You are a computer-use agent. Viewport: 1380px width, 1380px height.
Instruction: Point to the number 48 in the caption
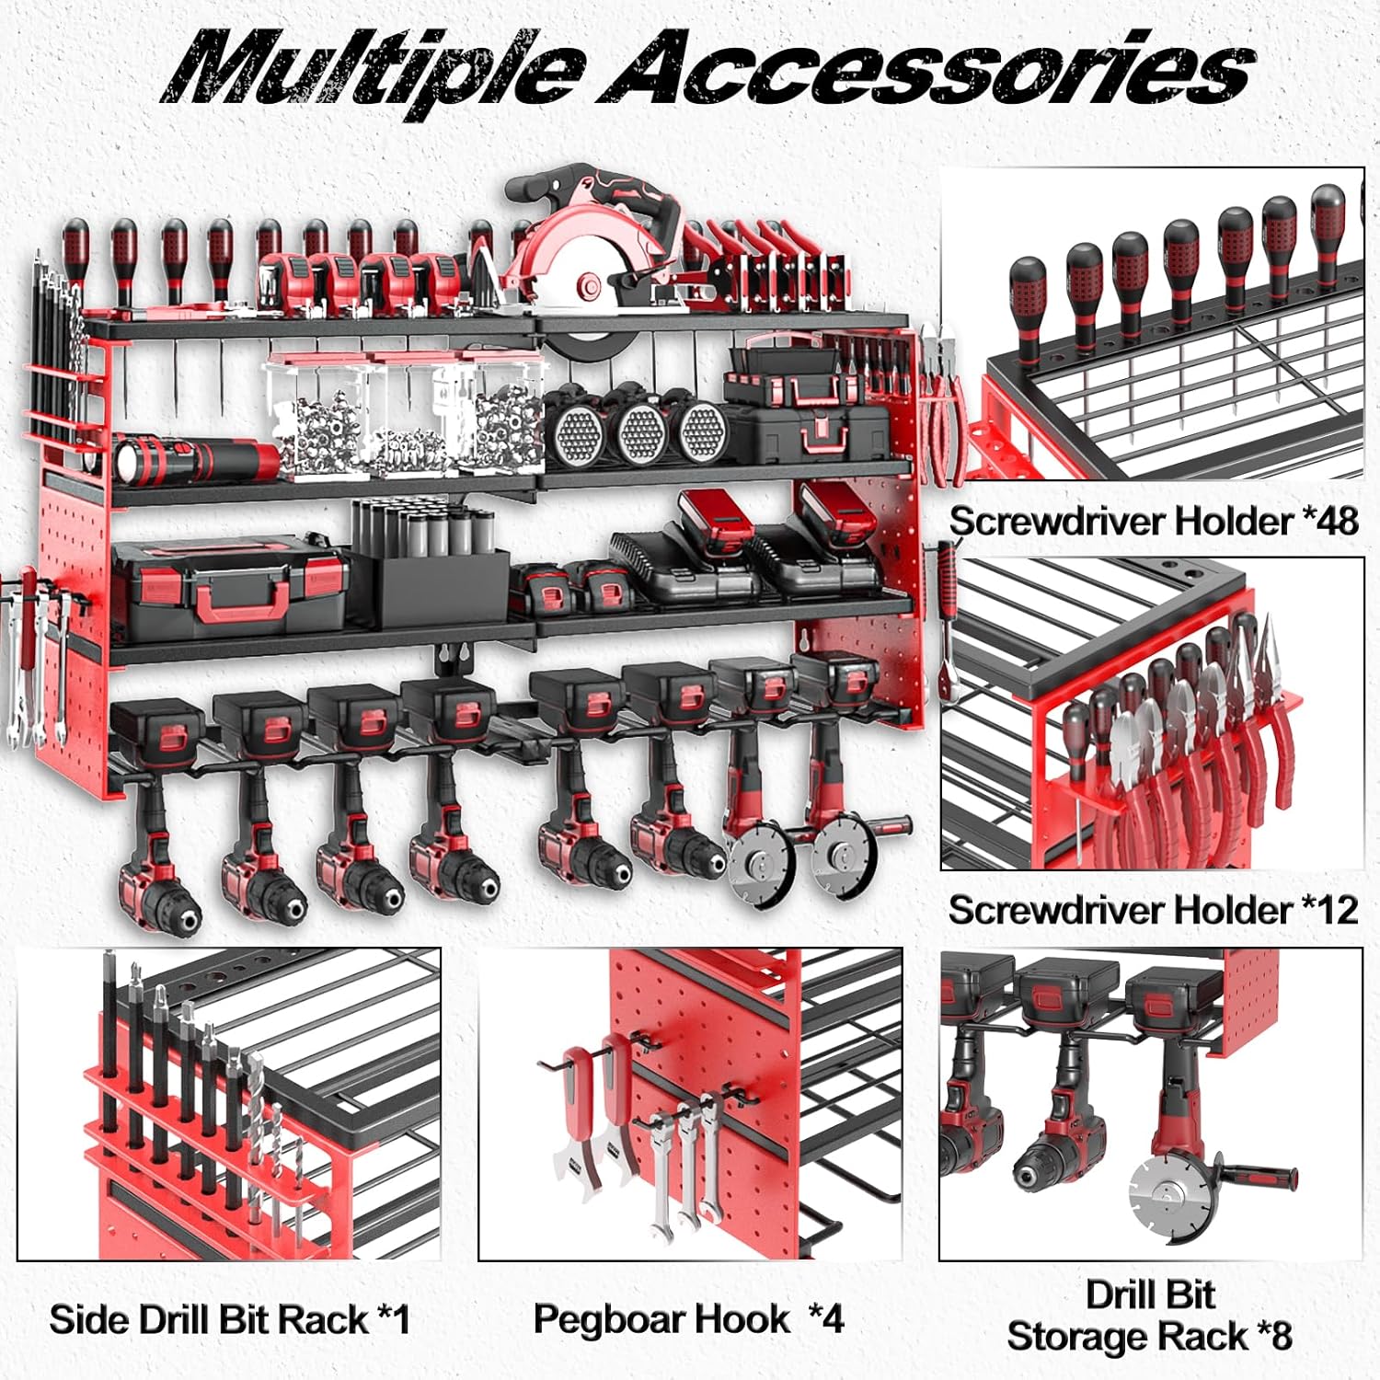[1330, 521]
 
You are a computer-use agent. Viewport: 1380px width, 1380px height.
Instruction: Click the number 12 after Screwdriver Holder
[1330, 910]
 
